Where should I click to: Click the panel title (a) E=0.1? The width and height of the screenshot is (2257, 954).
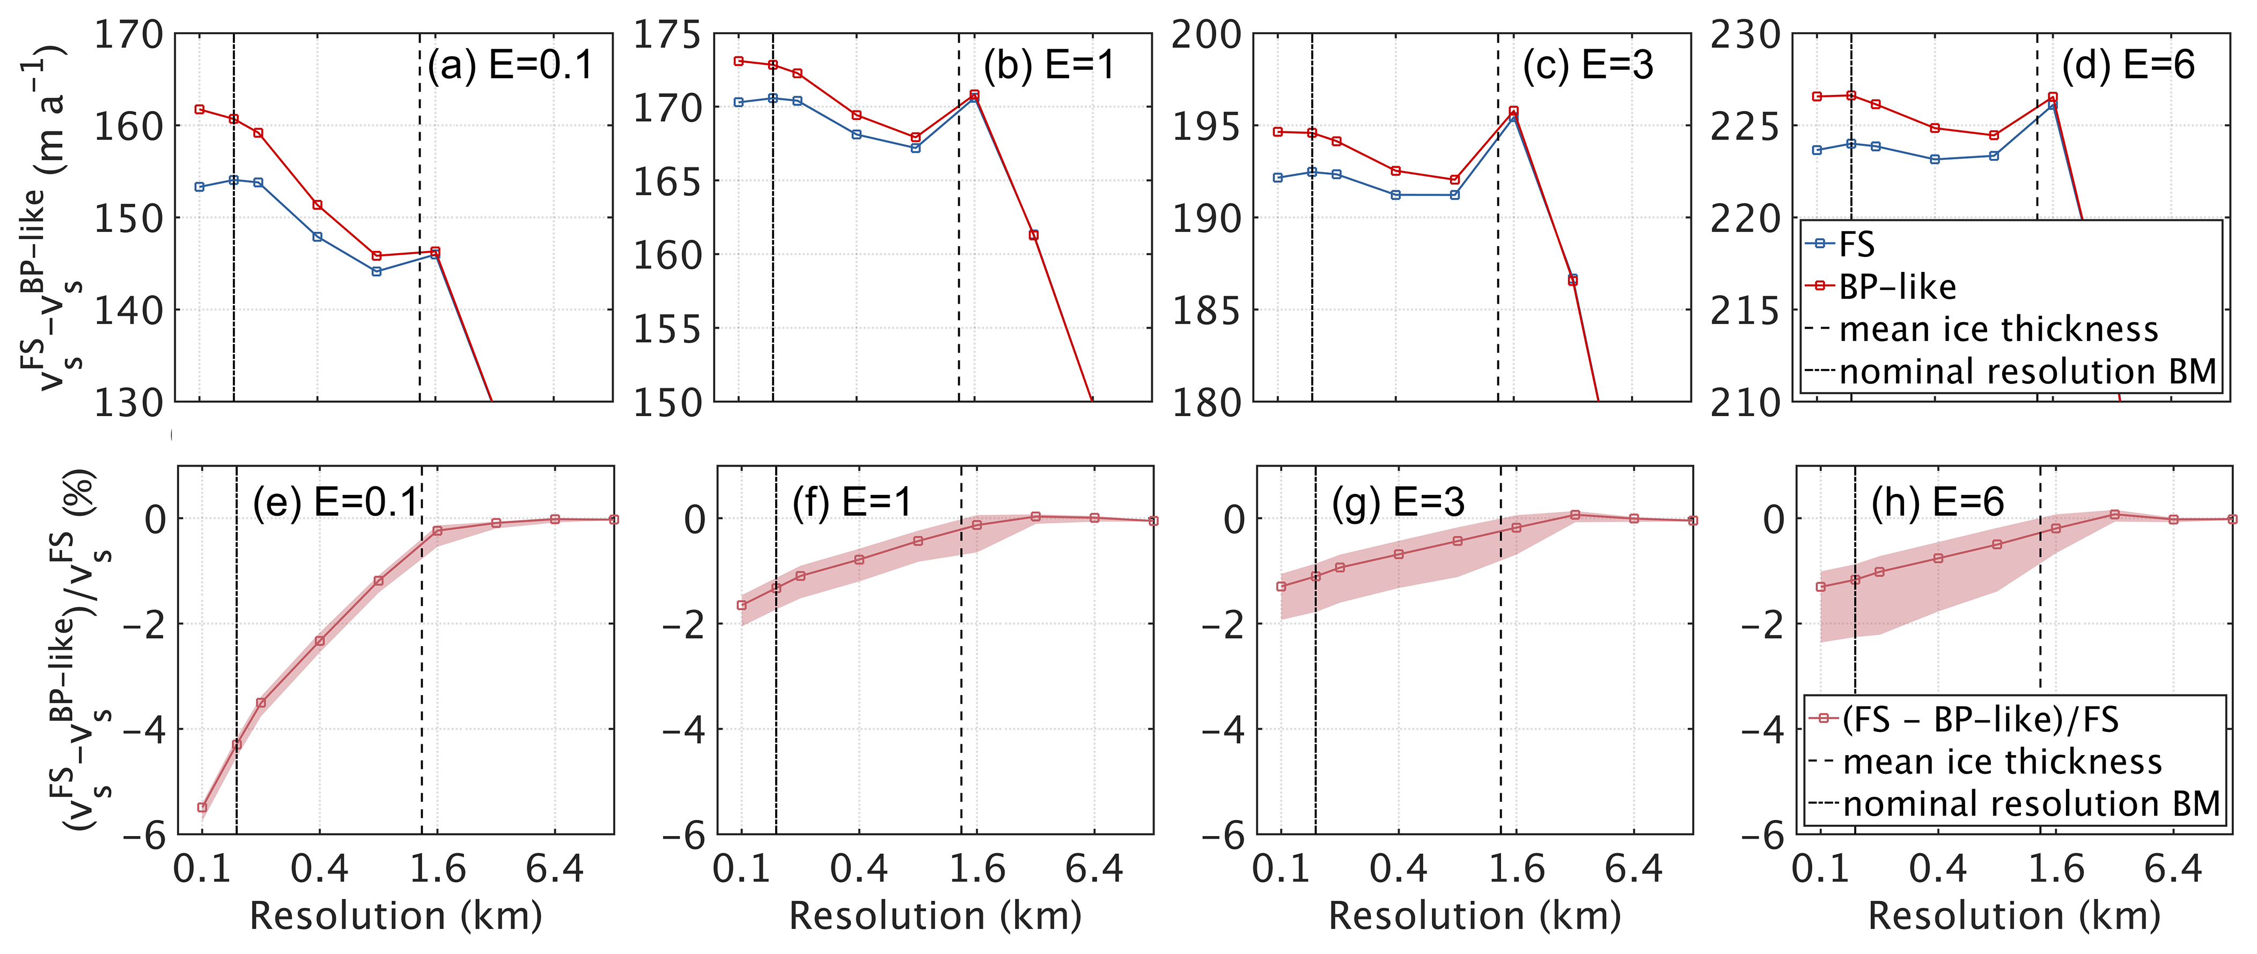point(510,66)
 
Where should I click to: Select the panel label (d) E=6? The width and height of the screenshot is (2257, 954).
point(2127,66)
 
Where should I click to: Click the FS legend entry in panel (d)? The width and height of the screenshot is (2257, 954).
point(1856,245)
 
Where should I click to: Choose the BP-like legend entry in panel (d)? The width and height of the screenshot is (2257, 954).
point(1897,286)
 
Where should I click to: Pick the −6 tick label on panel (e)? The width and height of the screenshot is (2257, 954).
point(144,835)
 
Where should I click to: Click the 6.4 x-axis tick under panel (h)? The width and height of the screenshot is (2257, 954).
point(2173,869)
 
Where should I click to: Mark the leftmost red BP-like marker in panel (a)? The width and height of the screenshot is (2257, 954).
point(200,109)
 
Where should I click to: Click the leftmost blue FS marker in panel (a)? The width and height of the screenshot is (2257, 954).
point(200,187)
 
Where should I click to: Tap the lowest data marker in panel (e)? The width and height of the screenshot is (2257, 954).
point(202,807)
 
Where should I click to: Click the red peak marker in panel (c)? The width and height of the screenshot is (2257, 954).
point(1513,111)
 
